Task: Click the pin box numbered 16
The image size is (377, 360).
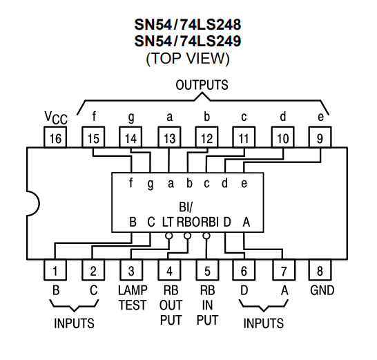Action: click(55, 137)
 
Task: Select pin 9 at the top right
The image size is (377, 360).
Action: click(320, 137)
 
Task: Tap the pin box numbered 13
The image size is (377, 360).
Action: click(169, 137)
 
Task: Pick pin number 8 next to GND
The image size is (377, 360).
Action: click(320, 270)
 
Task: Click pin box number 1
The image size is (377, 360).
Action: click(55, 270)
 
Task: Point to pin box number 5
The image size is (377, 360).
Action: click(207, 270)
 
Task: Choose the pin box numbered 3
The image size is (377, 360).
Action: click(131, 270)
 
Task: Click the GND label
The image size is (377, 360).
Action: click(322, 290)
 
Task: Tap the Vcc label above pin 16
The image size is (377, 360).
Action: click(56, 117)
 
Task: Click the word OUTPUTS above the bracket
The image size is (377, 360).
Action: click(202, 85)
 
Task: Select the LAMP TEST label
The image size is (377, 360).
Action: click(133, 298)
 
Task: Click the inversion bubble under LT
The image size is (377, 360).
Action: click(169, 236)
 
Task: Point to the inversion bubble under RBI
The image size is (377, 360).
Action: click(206, 236)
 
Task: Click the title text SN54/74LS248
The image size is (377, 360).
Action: click(188, 25)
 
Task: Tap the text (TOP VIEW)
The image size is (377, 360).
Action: click(188, 58)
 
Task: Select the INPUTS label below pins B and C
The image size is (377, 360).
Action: click(74, 323)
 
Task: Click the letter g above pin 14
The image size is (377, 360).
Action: click(131, 117)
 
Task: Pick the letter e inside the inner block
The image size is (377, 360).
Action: click(244, 184)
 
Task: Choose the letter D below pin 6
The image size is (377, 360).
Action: click(244, 290)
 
